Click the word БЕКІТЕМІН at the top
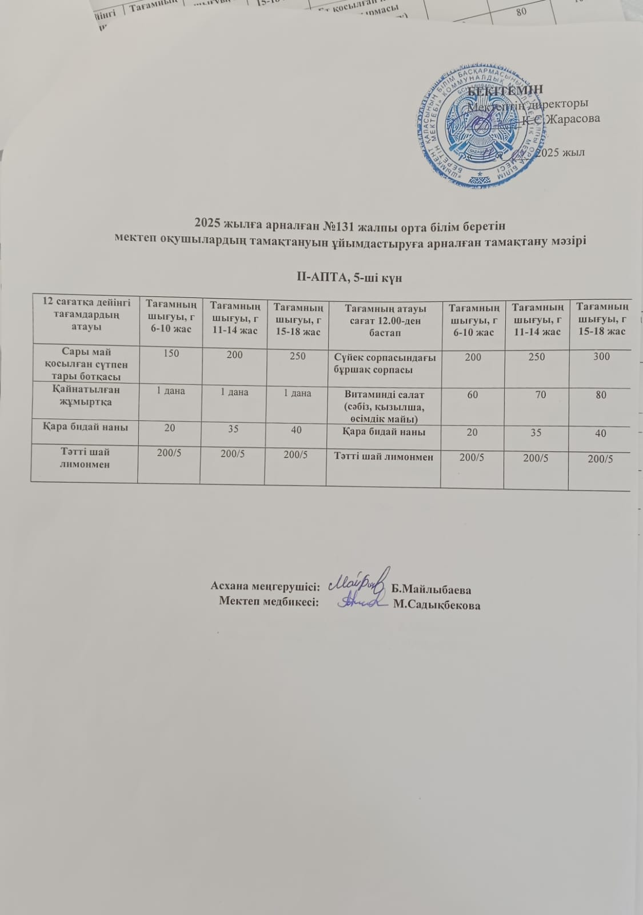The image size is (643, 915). coord(505,90)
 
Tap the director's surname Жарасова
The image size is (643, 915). coord(572,120)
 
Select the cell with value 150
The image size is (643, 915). coord(171,354)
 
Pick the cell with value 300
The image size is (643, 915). coord(601,357)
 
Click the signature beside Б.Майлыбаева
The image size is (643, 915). coord(362,580)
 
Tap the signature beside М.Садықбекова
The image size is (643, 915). coord(361,602)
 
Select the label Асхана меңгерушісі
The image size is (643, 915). coord(265,586)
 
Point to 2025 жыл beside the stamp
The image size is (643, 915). coord(562,153)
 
